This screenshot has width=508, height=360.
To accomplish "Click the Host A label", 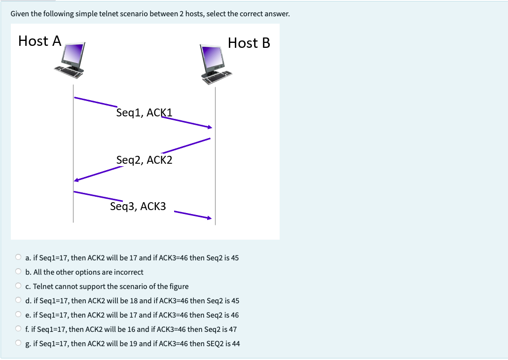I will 39,41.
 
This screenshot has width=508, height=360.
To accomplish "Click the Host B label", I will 249,43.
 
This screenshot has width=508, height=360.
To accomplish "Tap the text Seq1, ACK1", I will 145,112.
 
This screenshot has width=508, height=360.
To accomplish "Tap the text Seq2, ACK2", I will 145,160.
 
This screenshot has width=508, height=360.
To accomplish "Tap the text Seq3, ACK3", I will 138,206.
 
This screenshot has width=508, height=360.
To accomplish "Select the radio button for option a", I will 18,257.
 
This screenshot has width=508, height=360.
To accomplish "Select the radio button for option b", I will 18,272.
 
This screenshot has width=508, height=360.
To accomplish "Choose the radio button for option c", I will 18,286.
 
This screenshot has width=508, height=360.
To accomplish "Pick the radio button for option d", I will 18,300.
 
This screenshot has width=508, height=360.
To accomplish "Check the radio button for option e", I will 18,315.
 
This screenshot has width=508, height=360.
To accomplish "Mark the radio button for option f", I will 18,329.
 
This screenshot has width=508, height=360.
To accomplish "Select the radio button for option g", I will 18,343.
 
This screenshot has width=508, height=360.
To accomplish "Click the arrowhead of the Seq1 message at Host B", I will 210,127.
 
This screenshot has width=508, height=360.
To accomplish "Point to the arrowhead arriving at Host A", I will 76,180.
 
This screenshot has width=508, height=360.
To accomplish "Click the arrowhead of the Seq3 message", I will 209,218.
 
